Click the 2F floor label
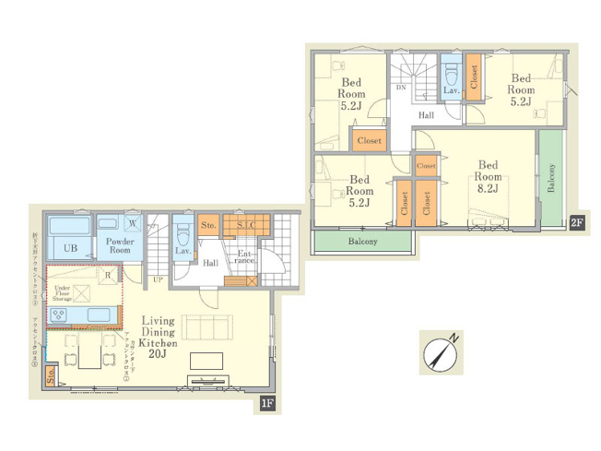coord(576,221)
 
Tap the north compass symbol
coord(441,353)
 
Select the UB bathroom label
coord(70,248)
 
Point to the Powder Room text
coord(120,245)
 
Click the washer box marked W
coord(133,222)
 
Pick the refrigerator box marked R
coord(108,275)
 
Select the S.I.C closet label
coord(247,225)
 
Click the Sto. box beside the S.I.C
coord(208,225)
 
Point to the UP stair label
coord(157,279)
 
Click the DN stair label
coord(401,88)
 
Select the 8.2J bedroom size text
coord(489,189)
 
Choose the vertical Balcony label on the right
coord(551,178)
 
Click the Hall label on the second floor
coord(426,115)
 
